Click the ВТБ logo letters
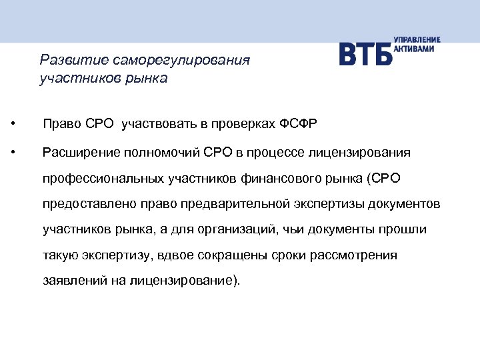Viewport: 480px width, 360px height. click(x=365, y=54)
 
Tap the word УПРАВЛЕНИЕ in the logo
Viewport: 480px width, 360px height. click(x=417, y=41)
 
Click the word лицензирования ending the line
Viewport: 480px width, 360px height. click(x=360, y=153)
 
